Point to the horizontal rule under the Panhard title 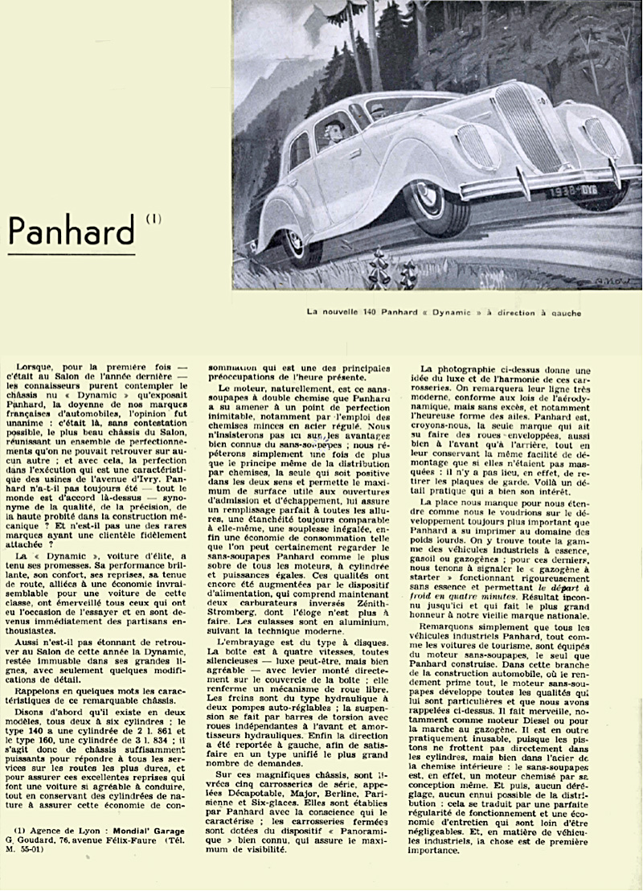(71, 254)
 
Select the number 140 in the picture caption (366, 312)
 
